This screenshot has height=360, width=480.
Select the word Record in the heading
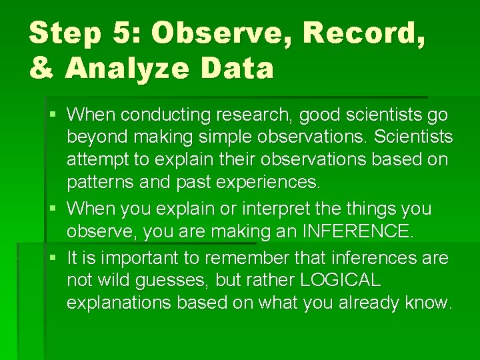coord(361,33)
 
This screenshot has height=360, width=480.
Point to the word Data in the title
coord(242,68)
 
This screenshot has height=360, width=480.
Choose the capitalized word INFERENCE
coord(357,232)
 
